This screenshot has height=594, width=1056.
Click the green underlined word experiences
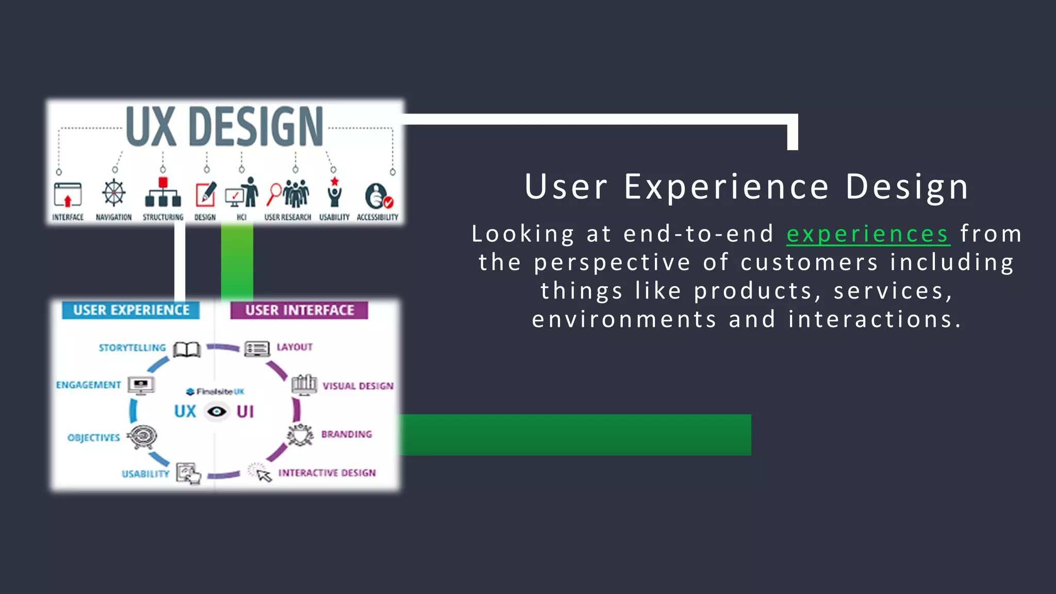[x=867, y=234]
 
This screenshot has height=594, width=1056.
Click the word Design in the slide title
[x=907, y=187]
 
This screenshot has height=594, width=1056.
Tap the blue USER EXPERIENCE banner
[x=131, y=310]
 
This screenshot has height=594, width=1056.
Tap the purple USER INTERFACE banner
[x=299, y=310]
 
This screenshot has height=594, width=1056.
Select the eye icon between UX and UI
[x=217, y=411]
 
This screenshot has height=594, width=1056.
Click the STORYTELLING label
[x=132, y=348]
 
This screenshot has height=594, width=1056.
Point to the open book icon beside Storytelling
[x=187, y=350]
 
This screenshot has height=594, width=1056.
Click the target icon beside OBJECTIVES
[x=142, y=437]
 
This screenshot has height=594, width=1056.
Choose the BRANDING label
[x=346, y=434]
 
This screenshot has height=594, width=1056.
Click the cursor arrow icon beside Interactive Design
[x=263, y=475]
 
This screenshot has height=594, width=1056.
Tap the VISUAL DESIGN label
[x=358, y=386]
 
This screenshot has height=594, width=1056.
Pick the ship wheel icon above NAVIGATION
[x=113, y=193]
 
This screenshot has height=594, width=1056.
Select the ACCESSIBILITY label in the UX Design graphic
[x=377, y=217]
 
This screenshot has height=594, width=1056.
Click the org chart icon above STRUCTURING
[x=163, y=193]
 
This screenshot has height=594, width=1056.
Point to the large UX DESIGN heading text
[x=224, y=126]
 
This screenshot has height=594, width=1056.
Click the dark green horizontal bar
[x=575, y=434]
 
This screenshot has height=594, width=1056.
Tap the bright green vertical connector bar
[x=237, y=262]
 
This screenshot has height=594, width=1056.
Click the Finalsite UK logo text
[x=216, y=391]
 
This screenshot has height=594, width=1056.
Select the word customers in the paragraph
[x=809, y=262]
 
